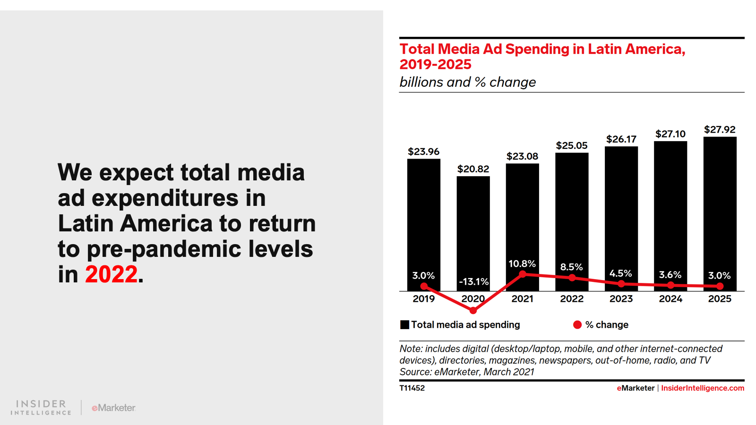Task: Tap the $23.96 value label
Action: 423,152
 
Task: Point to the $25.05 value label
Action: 572,145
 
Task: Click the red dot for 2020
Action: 473,310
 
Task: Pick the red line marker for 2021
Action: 523,274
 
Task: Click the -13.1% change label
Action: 474,282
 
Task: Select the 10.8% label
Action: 522,263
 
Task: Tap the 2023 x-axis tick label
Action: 621,299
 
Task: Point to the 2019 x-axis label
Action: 423,299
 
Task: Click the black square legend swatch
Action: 404,325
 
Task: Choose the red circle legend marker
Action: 577,325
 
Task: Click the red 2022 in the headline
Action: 111,274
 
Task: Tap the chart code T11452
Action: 412,388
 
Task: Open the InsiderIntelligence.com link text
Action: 702,388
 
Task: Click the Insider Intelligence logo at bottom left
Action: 41,408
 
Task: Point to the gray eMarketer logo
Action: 113,408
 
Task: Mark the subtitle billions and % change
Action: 467,82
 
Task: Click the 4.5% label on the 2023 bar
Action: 620,273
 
